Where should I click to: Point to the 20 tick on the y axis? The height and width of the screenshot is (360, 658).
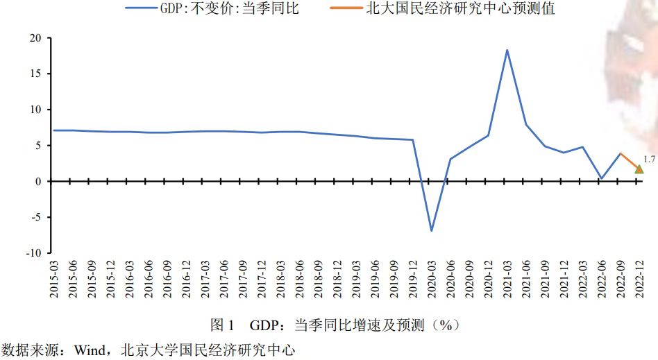click(x=34, y=37)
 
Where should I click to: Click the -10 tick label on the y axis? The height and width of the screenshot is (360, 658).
click(x=32, y=253)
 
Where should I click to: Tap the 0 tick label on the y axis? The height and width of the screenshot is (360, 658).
click(x=37, y=182)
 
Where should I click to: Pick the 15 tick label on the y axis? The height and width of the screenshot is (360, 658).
click(x=34, y=74)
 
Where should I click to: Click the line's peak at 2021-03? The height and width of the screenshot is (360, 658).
click(x=507, y=50)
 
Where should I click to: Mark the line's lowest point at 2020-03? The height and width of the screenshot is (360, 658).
click(x=431, y=230)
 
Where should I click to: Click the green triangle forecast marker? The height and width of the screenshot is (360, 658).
click(x=639, y=169)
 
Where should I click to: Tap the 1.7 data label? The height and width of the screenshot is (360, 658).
click(x=650, y=160)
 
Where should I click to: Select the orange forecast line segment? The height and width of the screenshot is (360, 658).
click(x=629, y=161)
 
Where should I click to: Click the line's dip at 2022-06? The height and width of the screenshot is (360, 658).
click(x=601, y=178)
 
